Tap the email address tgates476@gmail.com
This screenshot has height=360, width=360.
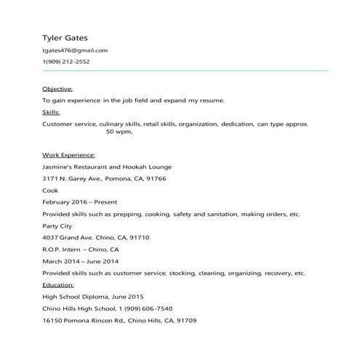point(75,50)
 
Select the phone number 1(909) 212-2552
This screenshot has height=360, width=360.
point(66,62)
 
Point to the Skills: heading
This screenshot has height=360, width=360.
point(51,112)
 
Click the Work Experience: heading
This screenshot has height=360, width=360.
point(68,155)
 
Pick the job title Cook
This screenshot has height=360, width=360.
point(50,190)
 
